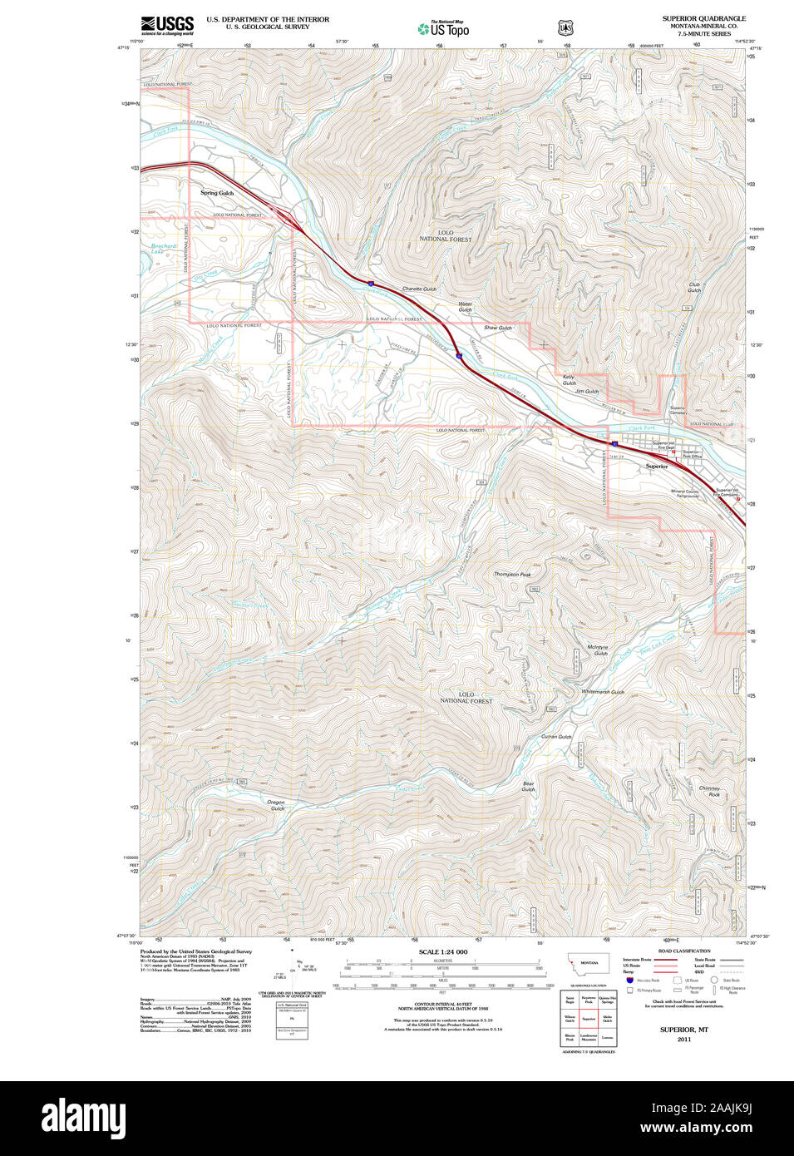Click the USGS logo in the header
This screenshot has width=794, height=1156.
[x=167, y=24]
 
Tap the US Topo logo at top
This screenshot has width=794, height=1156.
[x=443, y=29]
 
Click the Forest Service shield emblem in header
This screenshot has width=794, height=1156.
[x=565, y=27]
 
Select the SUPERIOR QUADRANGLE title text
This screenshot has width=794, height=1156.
[x=703, y=18]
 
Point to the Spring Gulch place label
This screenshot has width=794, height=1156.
[x=217, y=193]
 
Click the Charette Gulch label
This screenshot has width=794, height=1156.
[x=419, y=289]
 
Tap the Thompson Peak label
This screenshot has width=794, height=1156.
[x=512, y=574]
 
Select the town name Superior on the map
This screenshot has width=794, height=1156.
[x=657, y=467]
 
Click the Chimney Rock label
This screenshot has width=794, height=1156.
[x=709, y=791]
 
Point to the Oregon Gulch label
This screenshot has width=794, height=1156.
[x=276, y=805]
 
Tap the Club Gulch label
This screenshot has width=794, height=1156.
[x=694, y=287]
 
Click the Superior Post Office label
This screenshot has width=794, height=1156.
[x=693, y=455]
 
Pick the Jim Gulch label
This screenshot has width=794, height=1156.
[x=587, y=391]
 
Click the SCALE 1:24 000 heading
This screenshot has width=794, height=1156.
[x=443, y=951]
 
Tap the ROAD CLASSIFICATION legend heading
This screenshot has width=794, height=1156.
[x=684, y=951]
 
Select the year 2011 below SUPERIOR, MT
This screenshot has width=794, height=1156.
[x=684, y=1040]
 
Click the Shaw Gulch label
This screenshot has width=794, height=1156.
[x=498, y=328]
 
